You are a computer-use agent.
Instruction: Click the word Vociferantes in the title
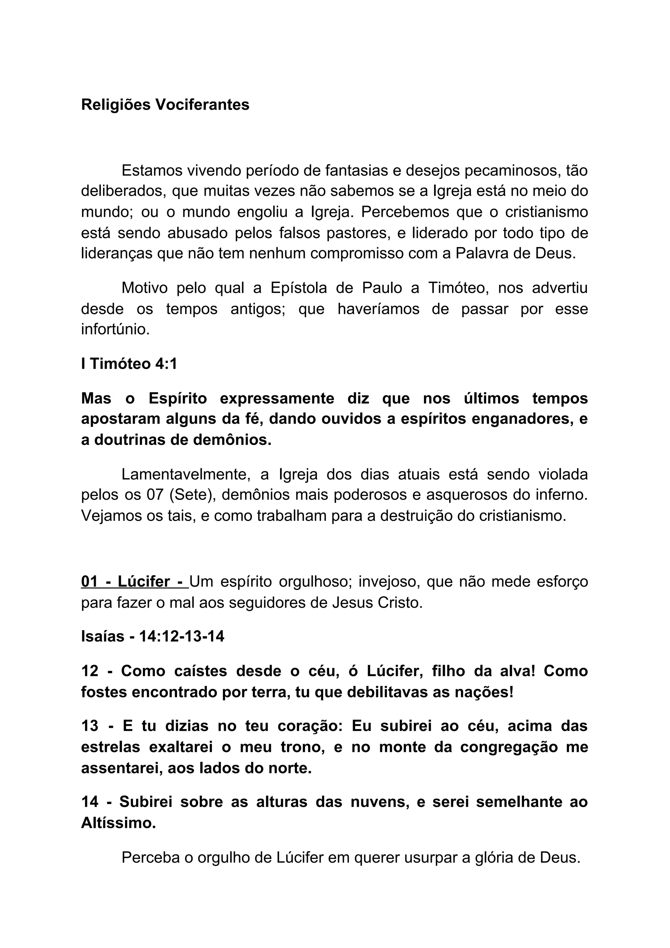[202, 105]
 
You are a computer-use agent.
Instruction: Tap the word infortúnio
[115, 330]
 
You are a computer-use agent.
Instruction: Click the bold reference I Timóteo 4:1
[129, 364]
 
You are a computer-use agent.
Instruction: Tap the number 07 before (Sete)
[156, 495]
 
